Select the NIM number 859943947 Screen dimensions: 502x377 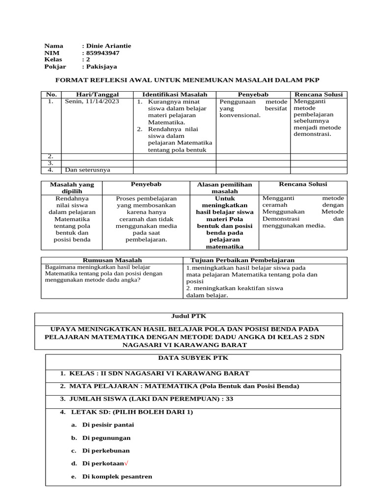(x=103, y=53)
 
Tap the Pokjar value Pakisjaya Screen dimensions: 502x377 (x=102, y=67)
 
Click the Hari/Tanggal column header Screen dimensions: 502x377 (x=97, y=94)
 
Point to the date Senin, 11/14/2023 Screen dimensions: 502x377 (x=92, y=101)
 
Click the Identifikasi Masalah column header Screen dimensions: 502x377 (x=175, y=94)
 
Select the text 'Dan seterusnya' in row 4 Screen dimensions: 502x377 (x=87, y=170)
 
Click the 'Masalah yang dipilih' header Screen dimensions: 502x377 (x=72, y=188)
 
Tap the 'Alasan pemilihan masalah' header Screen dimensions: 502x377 (x=224, y=188)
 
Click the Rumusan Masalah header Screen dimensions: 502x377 (x=111, y=260)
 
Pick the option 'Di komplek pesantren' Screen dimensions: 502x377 (x=117, y=477)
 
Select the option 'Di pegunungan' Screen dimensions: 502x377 (x=106, y=438)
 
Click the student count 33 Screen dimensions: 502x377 (x=229, y=399)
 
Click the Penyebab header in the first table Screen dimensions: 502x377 (x=253, y=94)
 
